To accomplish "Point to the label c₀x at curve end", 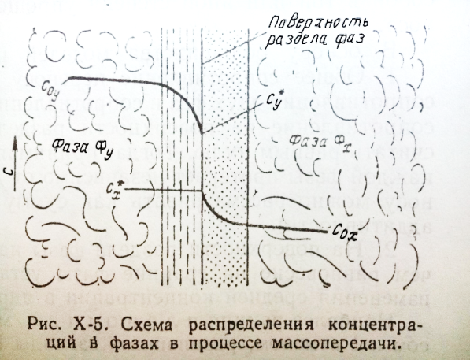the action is [345, 233].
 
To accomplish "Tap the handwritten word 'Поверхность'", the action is [318, 24].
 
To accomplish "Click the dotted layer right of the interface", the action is [225, 156].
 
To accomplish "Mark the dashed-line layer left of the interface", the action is [181, 156].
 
